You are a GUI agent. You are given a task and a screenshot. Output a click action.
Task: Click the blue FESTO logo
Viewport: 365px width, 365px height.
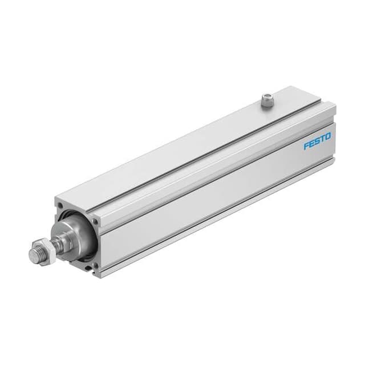coord(317,140)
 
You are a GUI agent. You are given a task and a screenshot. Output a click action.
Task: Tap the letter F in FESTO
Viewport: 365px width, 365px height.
coord(306,146)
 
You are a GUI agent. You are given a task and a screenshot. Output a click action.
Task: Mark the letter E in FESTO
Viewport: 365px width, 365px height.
coord(311,143)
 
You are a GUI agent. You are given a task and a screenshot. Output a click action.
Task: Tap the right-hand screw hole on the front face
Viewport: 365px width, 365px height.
coord(94,220)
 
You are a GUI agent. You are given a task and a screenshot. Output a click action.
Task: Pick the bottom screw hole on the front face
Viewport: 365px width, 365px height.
coord(95,266)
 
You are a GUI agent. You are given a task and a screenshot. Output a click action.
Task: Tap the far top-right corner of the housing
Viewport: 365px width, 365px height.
coord(334,105)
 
